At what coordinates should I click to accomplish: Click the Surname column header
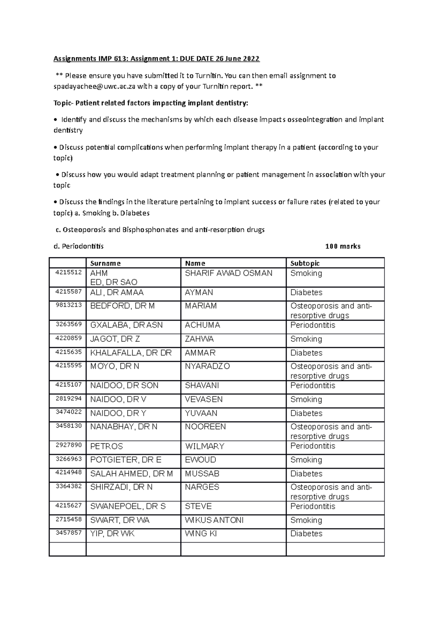click(105, 263)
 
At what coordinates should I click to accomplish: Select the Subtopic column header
click(305, 263)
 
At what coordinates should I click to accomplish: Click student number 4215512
click(69, 273)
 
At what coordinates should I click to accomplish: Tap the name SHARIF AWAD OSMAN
click(229, 273)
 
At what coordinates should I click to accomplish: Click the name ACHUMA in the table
click(203, 325)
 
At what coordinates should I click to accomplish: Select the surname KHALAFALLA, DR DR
click(131, 353)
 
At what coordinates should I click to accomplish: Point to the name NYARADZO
click(207, 366)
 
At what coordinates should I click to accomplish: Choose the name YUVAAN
click(201, 413)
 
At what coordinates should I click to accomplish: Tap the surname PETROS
click(106, 446)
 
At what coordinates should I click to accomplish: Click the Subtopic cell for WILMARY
click(313, 446)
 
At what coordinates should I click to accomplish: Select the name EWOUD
click(200, 460)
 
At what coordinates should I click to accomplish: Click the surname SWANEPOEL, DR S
click(128, 506)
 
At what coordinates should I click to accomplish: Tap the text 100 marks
click(343, 246)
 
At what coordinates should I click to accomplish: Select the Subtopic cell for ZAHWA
click(306, 339)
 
